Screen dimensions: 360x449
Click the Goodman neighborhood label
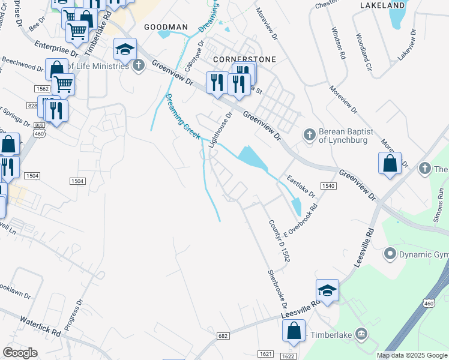point(166,28)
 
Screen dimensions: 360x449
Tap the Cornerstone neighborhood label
point(245,60)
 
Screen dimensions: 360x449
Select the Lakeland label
point(382,5)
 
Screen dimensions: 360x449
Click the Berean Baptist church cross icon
point(309,134)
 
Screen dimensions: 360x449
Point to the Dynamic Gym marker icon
point(390,255)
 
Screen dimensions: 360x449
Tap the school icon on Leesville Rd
point(327,290)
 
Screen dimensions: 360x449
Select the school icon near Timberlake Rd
point(125,49)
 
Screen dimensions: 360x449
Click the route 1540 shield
point(328,187)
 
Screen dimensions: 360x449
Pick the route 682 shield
point(224,336)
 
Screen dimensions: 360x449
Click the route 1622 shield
point(288,356)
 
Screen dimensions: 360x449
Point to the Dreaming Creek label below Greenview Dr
point(182,116)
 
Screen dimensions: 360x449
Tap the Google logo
point(20,352)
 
